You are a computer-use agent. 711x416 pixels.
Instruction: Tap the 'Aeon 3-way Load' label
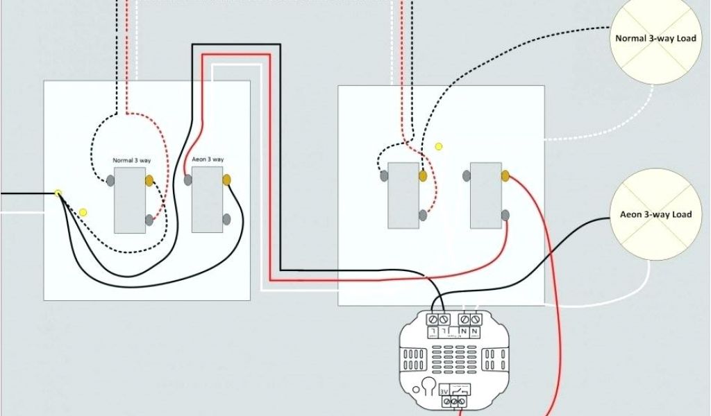coord(655,215)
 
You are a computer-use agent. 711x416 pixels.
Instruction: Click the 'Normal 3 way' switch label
coord(132,161)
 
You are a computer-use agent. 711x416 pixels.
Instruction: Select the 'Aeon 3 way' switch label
coord(208,159)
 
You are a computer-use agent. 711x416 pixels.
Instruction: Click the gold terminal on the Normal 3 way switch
coord(149,181)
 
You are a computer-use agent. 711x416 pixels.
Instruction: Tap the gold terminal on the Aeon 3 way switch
coord(226,180)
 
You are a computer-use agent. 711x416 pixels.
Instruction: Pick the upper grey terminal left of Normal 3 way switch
coord(110,181)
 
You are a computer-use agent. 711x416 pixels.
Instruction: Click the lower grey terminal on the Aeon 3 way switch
coord(226,220)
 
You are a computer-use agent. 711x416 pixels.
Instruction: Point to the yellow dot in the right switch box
coord(438,146)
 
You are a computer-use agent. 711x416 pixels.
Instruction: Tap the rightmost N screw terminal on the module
coord(476,319)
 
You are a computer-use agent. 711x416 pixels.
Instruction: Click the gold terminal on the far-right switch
coord(505,176)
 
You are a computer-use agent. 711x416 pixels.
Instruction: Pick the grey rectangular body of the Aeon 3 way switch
coord(207,200)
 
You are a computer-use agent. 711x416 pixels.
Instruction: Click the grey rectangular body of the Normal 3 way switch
coord(130,200)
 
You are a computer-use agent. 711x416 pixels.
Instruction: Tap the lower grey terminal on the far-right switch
coord(505,216)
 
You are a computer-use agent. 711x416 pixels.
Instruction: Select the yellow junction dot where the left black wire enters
coord(58,193)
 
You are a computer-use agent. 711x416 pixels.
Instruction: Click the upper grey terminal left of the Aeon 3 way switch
coord(188,180)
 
